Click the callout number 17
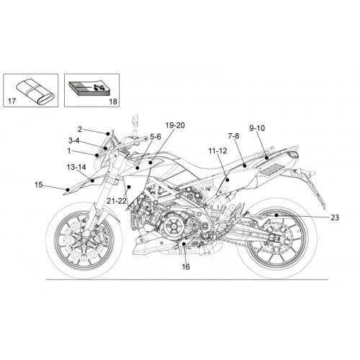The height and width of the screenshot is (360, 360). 12,101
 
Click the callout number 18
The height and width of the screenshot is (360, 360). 113,102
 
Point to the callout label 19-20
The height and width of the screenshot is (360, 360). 175,125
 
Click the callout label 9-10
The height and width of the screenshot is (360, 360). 257,128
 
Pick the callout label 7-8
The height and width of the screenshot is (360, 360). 233,136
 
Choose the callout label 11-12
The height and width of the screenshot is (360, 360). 217,151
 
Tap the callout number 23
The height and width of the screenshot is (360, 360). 335,217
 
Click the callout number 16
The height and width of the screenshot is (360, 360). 186,266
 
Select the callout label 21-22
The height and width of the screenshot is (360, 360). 117,201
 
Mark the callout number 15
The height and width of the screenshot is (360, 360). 38,184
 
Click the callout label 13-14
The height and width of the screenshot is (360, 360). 76,167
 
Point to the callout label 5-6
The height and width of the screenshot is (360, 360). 156,137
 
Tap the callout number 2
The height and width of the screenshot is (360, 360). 80,130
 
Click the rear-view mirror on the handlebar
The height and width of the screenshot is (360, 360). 135,120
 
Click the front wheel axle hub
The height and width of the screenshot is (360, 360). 84,239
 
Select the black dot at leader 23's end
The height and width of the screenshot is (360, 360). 276,215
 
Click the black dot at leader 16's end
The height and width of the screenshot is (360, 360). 184,244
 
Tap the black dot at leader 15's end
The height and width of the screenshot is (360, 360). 68,190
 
